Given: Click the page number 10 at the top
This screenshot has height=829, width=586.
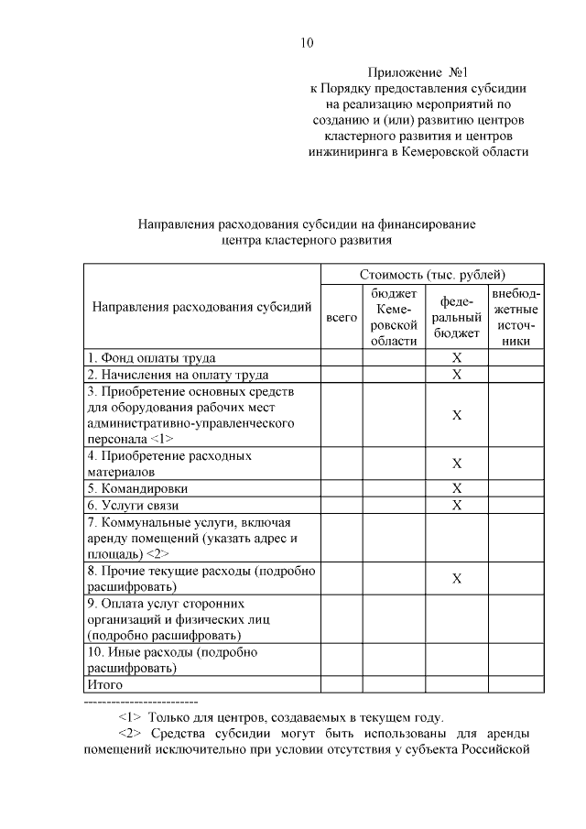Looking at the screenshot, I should [307, 42].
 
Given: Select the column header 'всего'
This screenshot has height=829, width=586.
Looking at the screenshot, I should [342, 317].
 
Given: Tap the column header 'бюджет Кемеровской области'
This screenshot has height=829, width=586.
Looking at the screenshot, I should [394, 317].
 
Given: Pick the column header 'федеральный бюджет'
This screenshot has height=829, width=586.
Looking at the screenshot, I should [457, 317].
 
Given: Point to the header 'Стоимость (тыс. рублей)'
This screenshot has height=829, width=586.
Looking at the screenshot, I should [432, 274].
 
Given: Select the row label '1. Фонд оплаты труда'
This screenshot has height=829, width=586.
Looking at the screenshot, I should [151, 357].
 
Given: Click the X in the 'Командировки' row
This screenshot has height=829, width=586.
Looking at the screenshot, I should [457, 488].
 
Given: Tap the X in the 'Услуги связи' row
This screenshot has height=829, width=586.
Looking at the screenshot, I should [457, 505].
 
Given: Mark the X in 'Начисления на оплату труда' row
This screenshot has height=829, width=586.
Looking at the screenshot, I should [457, 374].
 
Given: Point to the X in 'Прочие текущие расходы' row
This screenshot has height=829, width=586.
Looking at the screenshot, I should [457, 579].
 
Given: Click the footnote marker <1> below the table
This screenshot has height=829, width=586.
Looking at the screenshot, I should [133, 717].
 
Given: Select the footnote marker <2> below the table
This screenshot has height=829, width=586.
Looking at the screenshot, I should [133, 735].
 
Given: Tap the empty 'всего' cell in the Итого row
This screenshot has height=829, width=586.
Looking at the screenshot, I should [342, 683].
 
